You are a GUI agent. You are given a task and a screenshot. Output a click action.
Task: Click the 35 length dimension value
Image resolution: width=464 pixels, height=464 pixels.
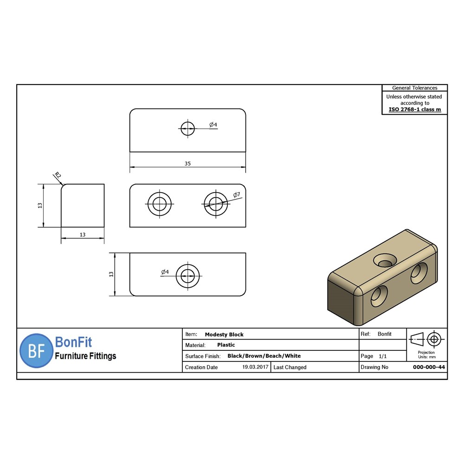[x=187, y=163]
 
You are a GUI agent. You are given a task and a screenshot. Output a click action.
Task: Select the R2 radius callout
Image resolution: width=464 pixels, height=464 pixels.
[x=58, y=175]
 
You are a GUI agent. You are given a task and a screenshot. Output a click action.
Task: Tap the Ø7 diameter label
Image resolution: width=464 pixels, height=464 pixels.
[x=237, y=195]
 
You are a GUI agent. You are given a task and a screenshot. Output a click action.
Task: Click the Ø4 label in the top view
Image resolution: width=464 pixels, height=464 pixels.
[x=213, y=125]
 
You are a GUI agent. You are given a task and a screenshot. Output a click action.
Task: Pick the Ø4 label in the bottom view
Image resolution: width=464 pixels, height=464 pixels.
[x=165, y=272]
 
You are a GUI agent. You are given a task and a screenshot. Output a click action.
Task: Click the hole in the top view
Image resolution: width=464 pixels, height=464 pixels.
[x=187, y=129]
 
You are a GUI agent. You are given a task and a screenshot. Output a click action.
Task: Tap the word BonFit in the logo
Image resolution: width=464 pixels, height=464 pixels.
[x=73, y=343]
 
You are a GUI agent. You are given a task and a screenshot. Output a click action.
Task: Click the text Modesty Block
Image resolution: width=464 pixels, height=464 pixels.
[x=224, y=335]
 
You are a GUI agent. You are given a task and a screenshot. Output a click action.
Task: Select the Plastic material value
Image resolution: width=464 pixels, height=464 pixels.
[x=226, y=345]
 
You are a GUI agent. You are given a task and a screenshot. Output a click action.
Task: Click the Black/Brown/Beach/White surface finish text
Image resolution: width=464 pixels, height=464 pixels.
[x=264, y=356]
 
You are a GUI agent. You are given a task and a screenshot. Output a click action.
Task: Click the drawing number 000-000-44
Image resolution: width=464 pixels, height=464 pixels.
[x=429, y=367]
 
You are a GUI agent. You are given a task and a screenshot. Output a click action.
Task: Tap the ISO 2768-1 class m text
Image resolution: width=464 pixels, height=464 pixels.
[x=414, y=110]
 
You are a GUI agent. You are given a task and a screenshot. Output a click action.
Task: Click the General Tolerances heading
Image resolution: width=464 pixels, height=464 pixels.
[x=414, y=88]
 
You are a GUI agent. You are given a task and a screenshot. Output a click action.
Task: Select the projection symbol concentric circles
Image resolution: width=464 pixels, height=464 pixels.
[x=434, y=339]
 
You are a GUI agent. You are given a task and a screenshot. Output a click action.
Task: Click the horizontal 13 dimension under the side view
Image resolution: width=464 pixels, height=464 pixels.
[x=83, y=235]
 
